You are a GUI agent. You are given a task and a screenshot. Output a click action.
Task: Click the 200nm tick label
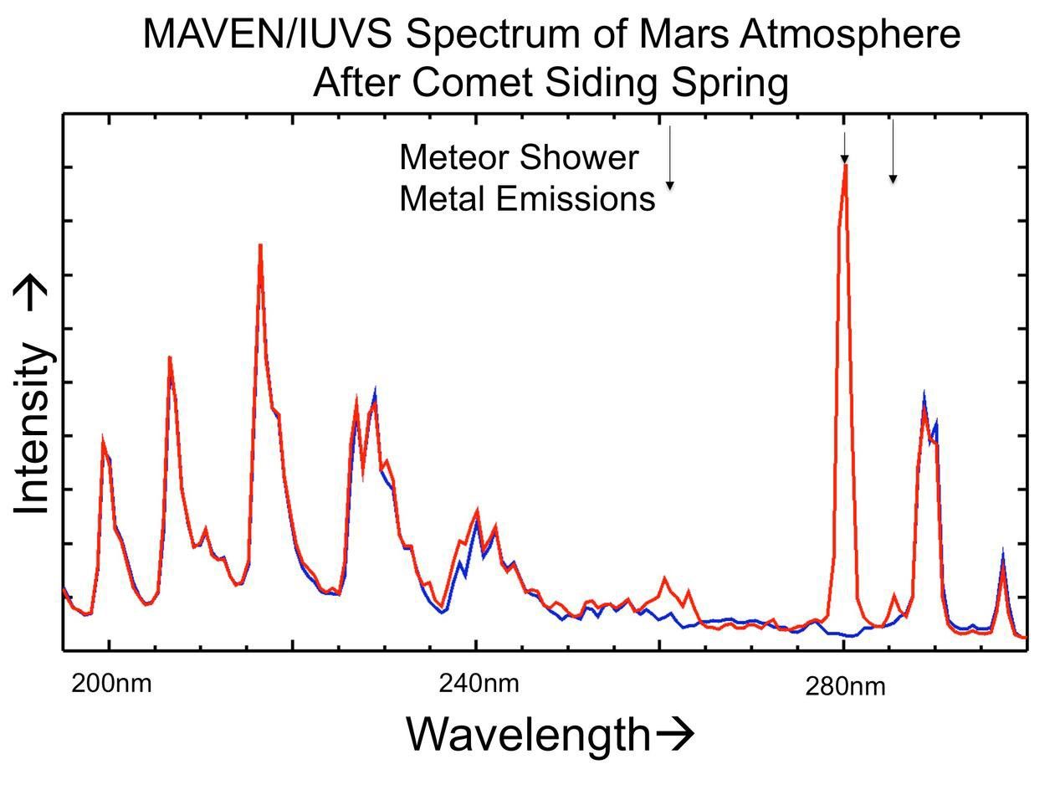click(111, 684)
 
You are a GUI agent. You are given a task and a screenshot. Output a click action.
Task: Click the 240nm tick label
click(479, 684)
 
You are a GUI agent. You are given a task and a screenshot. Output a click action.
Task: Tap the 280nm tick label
click(845, 687)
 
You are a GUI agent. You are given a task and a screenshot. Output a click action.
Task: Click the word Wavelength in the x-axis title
click(528, 735)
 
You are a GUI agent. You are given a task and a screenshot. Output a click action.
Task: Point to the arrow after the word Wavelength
click(674, 735)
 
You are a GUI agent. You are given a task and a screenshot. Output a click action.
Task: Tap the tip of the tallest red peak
click(846, 166)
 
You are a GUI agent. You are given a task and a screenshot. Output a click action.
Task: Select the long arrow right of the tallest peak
click(893, 151)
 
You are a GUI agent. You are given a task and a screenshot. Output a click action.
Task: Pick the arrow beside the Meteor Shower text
click(669, 157)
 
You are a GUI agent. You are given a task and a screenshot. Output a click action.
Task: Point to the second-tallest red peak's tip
click(260, 245)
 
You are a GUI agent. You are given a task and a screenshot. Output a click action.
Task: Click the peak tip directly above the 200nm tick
click(103, 439)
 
